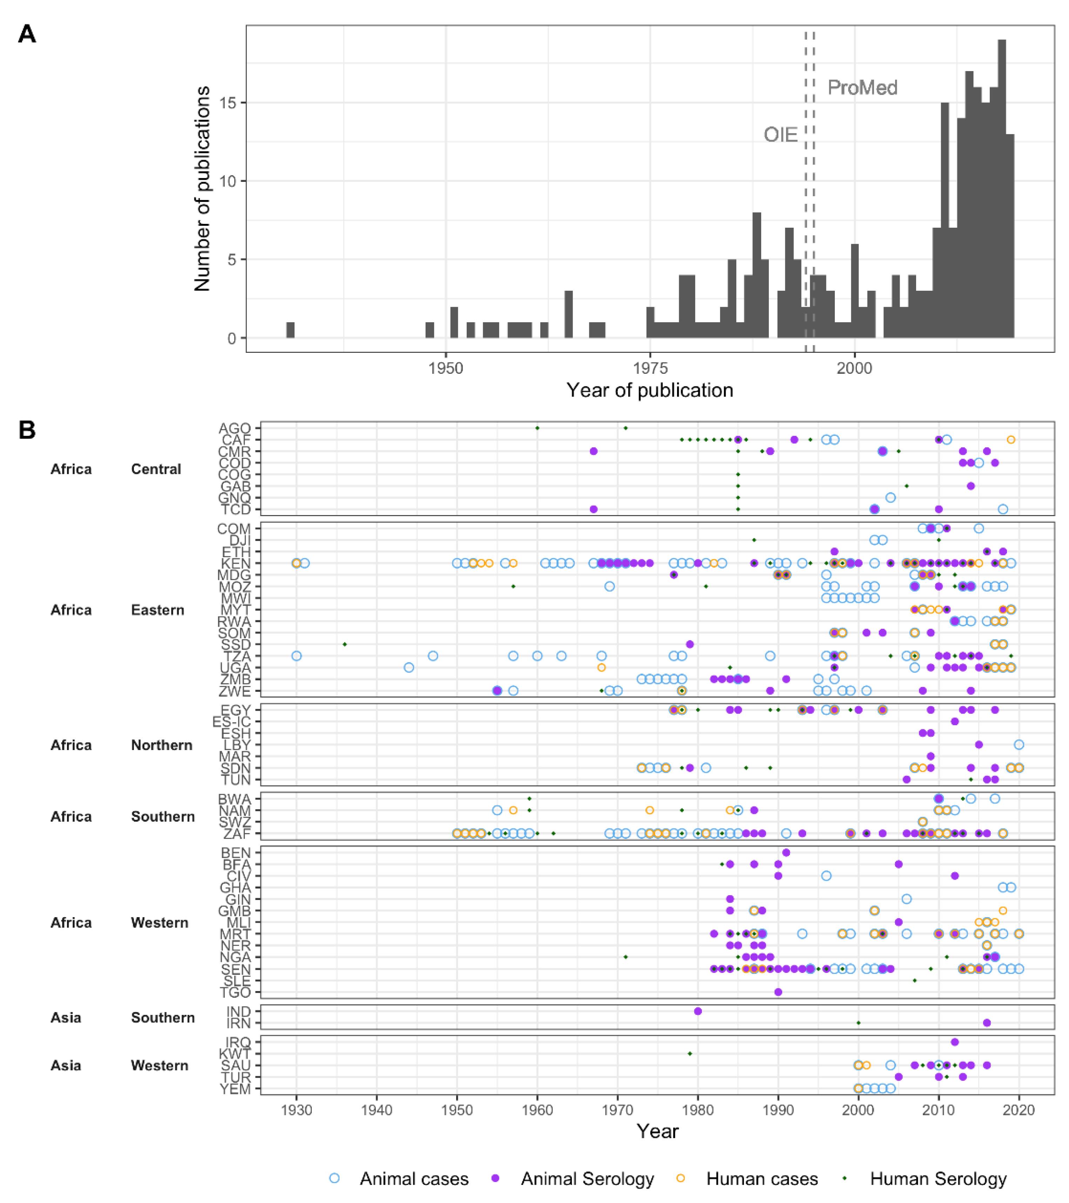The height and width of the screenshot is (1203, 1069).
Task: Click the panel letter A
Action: tap(27, 34)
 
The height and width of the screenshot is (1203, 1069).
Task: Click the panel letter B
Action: tap(27, 430)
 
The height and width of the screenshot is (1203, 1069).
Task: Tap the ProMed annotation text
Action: tap(862, 88)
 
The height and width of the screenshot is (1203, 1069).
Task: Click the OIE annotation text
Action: tap(780, 135)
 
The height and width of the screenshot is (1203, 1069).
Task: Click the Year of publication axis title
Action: tap(650, 390)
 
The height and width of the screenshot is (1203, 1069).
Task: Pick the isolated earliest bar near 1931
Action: tap(290, 330)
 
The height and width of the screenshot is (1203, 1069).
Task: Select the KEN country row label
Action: tap(236, 563)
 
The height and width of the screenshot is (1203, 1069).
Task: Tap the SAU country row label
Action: tap(236, 1065)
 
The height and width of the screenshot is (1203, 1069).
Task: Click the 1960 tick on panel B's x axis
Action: tap(537, 1110)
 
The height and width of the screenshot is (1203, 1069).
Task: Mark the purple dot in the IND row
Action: tap(698, 1011)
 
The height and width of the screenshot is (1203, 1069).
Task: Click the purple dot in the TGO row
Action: tap(778, 992)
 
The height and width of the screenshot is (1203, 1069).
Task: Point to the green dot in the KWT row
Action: tap(690, 1053)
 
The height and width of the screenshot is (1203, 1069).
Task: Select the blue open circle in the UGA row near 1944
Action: tap(409, 667)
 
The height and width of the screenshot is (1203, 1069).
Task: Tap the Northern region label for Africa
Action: tap(161, 745)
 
